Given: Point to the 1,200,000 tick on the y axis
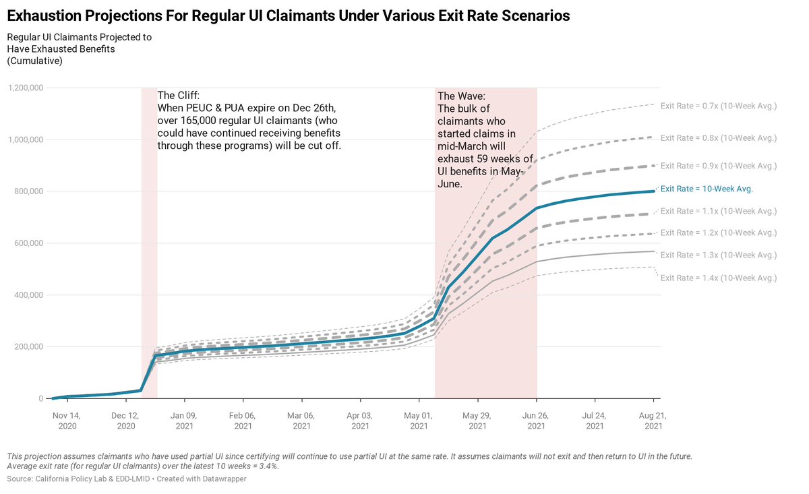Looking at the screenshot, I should pos(26,88).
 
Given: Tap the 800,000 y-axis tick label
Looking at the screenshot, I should pos(29,191).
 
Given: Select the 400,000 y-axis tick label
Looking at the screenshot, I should pos(29,295).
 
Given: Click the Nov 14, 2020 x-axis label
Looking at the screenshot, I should pos(67,421).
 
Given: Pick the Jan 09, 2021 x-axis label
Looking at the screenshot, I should pos(184,421).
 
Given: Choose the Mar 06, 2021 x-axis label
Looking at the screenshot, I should pos(301,421).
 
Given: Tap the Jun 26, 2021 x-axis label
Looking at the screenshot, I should pos(536,421).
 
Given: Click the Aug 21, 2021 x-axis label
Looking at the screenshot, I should pos(653,421).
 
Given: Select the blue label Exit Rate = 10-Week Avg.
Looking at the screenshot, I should pos(707,189).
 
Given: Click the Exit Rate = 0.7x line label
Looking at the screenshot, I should pos(718,106).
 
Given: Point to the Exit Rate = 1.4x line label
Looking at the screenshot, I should pos(718,278).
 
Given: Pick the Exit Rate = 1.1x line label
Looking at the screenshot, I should pos(718,211).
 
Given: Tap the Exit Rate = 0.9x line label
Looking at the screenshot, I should pos(718,165).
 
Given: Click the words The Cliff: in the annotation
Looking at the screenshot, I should pos(178,96).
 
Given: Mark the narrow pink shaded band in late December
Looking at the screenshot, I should pos(149,243).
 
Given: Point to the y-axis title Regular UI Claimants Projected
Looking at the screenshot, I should pos(79,38).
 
